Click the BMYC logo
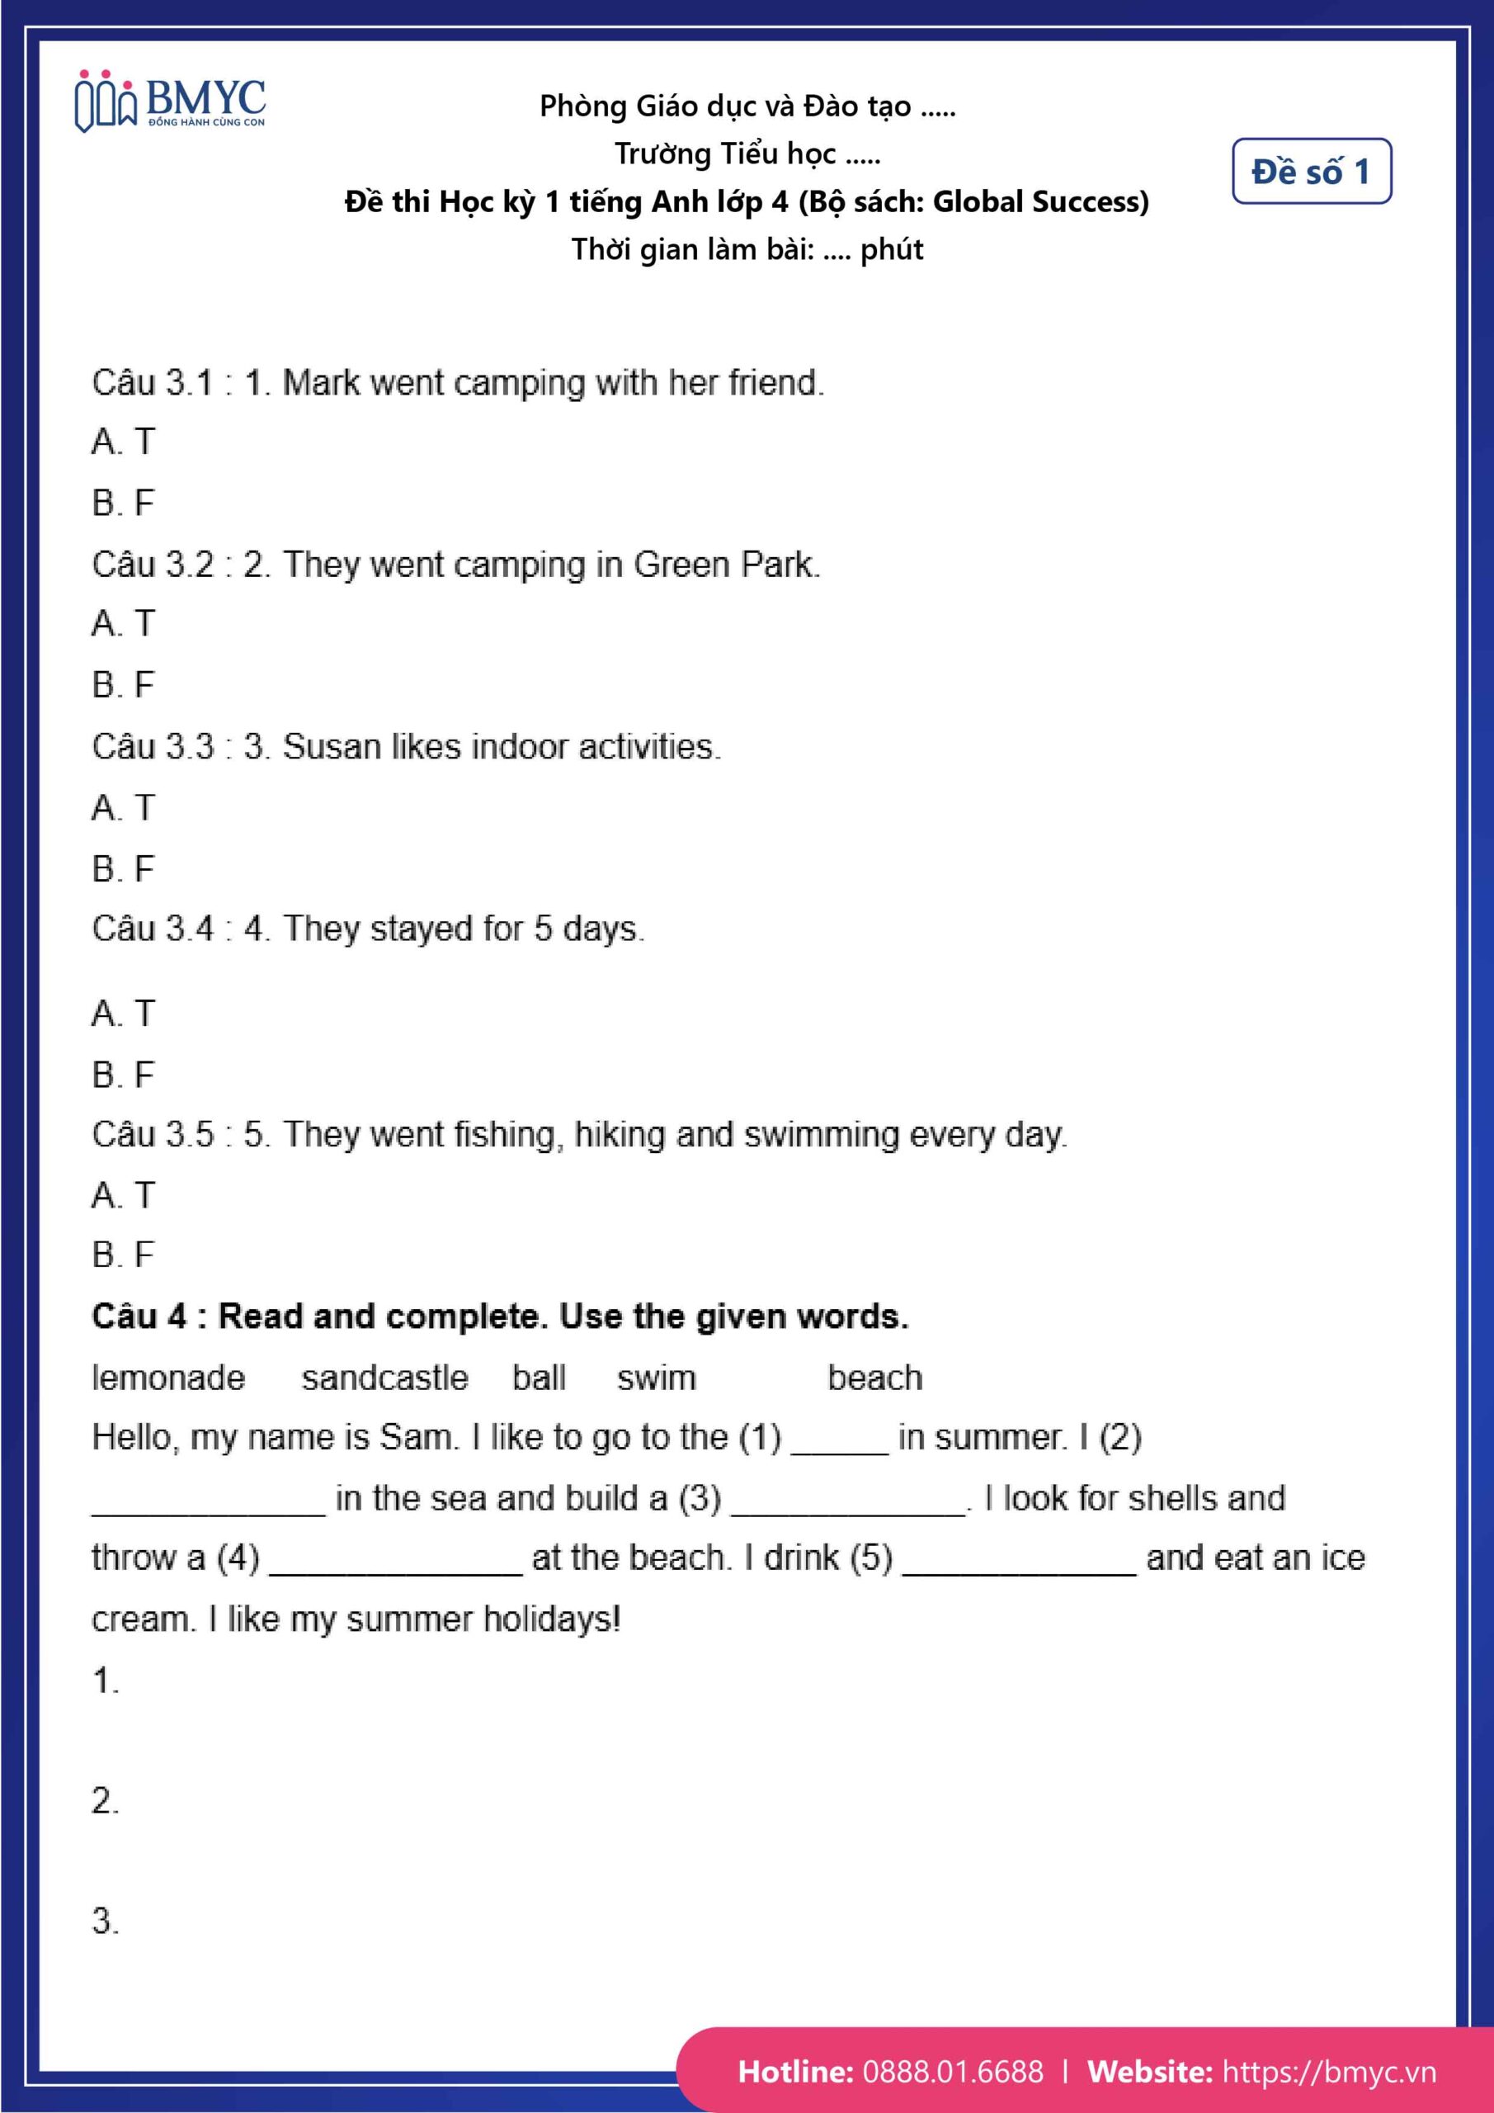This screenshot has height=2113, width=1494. (x=170, y=102)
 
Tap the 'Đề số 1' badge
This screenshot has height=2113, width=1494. (x=1311, y=171)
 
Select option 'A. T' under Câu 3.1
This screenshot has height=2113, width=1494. (x=123, y=442)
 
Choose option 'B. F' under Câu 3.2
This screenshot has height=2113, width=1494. (x=123, y=685)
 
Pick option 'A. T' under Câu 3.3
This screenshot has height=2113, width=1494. (x=123, y=808)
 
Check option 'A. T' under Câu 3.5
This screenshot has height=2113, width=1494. (x=123, y=1195)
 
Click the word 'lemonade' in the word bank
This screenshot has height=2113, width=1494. (x=168, y=1378)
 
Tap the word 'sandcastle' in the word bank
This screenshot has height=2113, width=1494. (x=384, y=1378)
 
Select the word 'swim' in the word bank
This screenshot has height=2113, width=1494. (x=656, y=1378)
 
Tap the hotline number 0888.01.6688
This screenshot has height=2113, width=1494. (x=953, y=2071)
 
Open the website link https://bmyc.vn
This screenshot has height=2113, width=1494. (x=1328, y=2071)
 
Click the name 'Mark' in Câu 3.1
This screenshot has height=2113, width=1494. (x=321, y=383)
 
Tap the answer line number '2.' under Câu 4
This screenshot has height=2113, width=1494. (x=105, y=1800)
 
